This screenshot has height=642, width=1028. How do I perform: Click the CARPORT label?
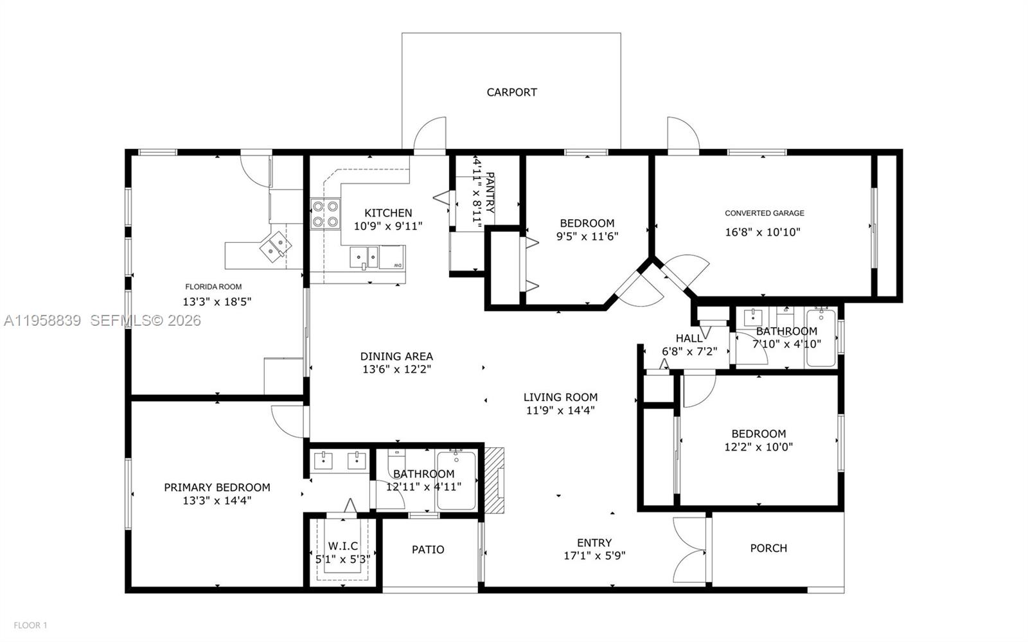(x=511, y=92)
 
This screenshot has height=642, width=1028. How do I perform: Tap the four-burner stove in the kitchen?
(x=325, y=215)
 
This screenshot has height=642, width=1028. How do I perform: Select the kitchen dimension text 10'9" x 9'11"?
(x=388, y=226)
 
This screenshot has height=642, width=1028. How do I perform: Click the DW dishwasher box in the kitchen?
(x=392, y=257)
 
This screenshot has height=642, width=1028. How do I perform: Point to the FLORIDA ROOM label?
(x=213, y=287)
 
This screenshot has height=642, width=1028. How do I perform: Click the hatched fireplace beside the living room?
(x=494, y=481)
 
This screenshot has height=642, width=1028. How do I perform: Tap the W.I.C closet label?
(x=343, y=546)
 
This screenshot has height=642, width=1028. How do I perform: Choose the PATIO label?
(x=428, y=549)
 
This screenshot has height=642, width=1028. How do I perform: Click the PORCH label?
(x=768, y=548)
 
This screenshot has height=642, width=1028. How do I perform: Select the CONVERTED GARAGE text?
(x=764, y=213)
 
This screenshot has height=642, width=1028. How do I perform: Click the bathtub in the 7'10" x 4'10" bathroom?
(x=821, y=338)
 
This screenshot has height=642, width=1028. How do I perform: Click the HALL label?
(x=689, y=339)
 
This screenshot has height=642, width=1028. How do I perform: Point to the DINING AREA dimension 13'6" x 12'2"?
(x=396, y=369)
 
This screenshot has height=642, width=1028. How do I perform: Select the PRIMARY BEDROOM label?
(x=217, y=487)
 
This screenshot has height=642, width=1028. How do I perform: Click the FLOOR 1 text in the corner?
(x=30, y=625)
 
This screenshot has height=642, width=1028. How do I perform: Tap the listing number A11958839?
(x=42, y=320)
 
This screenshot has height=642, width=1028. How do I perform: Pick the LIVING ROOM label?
(x=560, y=397)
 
